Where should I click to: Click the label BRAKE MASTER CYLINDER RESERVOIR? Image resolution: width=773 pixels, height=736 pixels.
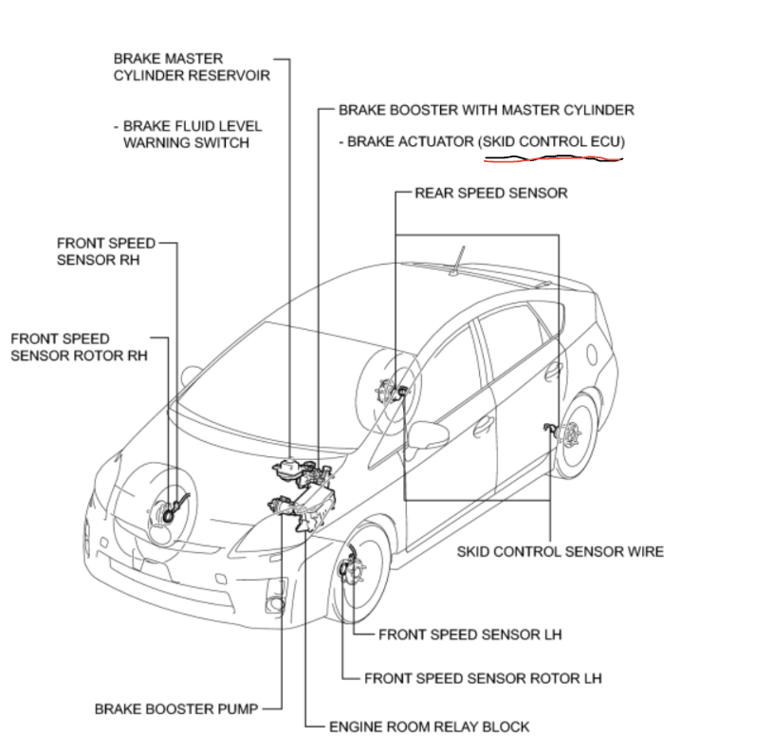(187, 67)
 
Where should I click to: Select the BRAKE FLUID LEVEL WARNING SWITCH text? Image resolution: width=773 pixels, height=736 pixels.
(186, 134)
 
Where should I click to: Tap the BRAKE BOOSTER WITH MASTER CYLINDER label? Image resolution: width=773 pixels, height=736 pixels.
(486, 110)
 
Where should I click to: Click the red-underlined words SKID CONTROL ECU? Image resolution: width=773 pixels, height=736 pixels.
(552, 141)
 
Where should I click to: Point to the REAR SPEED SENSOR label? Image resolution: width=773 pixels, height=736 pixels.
(490, 193)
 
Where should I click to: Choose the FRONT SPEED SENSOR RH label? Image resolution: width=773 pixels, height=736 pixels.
(105, 251)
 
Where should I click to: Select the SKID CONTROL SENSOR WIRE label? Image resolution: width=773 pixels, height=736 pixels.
(560, 551)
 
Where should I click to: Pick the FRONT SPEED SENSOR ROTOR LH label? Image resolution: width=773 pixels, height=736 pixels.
(483, 678)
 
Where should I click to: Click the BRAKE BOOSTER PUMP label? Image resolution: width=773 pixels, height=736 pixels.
(176, 708)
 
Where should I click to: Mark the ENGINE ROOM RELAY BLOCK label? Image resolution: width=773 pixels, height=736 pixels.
(429, 727)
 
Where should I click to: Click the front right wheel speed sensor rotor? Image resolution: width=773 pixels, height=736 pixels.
(171, 513)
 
